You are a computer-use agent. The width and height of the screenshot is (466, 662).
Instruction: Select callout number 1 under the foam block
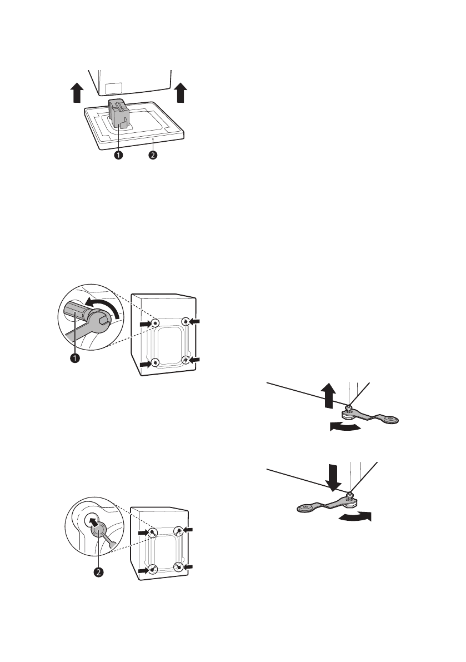[x=118, y=156]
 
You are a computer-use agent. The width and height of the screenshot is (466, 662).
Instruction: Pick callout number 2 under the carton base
[x=153, y=156]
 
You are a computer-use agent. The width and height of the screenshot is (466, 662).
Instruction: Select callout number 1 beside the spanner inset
[x=73, y=358]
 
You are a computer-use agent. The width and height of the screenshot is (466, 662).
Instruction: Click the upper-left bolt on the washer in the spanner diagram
[x=156, y=323]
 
